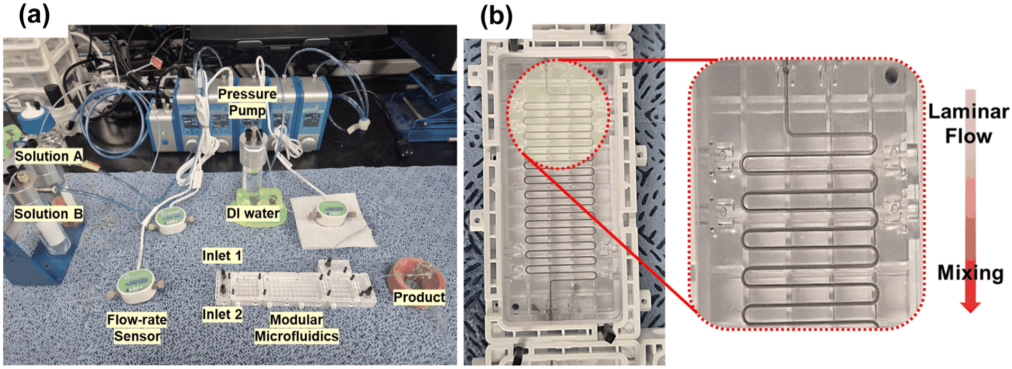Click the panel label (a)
(34, 16)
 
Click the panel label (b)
(496, 16)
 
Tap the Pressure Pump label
(247, 102)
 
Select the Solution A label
(48, 156)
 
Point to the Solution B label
(48, 214)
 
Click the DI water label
(253, 213)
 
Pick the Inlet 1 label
(222, 256)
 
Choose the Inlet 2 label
(222, 314)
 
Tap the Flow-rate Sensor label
(137, 328)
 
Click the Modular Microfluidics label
(296, 328)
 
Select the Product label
(419, 297)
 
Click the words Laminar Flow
(969, 124)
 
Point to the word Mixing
(970, 273)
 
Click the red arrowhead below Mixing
(970, 307)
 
